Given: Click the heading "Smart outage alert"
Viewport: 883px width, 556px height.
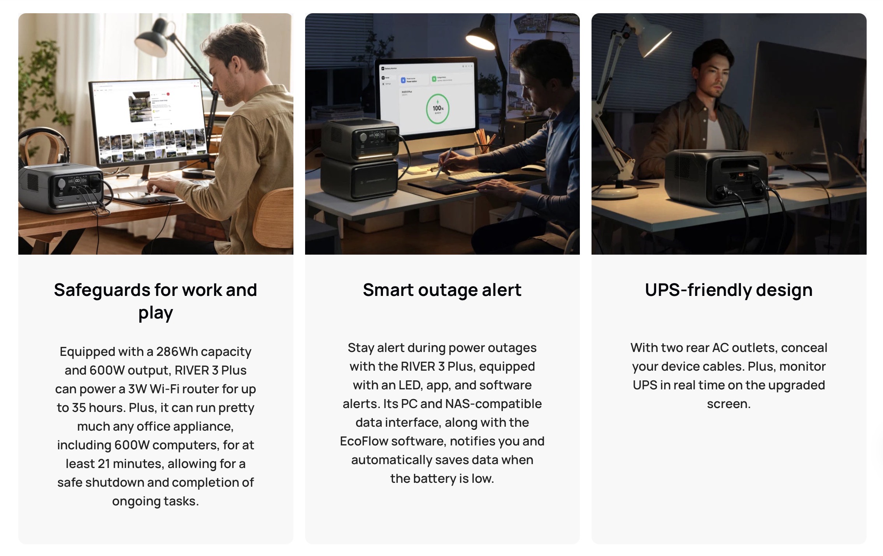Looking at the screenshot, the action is pyautogui.click(x=442, y=290).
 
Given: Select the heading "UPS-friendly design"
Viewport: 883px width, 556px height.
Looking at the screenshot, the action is pyautogui.click(x=729, y=290).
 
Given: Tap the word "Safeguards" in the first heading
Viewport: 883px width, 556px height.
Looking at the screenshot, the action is pyautogui.click(x=102, y=290).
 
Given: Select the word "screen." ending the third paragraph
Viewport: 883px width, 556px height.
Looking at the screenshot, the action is pyautogui.click(x=729, y=404).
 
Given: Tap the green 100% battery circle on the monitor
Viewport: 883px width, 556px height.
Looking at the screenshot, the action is pyautogui.click(x=438, y=109).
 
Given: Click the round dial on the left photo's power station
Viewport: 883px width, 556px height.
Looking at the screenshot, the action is pyautogui.click(x=61, y=183).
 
